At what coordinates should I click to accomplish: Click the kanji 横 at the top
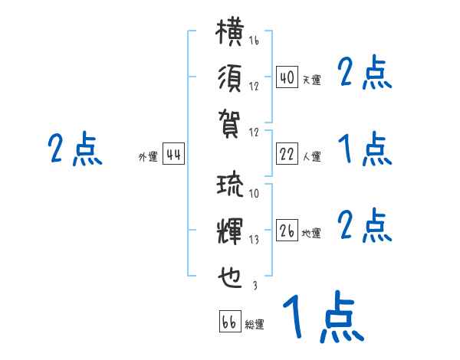tap(231, 34)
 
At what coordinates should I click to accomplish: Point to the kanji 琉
tap(231, 186)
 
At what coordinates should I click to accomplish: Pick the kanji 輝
tap(231, 229)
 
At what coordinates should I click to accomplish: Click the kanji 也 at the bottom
tap(231, 273)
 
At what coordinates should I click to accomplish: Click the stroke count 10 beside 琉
tap(254, 193)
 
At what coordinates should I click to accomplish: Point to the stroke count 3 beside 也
tap(254, 284)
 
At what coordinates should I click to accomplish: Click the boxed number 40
tap(287, 77)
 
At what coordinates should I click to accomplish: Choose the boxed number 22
tap(287, 155)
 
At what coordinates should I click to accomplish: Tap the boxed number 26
tap(287, 231)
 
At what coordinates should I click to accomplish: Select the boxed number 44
tap(173, 155)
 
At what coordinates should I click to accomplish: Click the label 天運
tap(311, 80)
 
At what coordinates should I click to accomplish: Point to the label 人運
tap(311, 157)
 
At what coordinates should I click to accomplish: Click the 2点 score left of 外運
tap(74, 149)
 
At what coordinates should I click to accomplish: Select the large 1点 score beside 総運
tap(323, 316)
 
